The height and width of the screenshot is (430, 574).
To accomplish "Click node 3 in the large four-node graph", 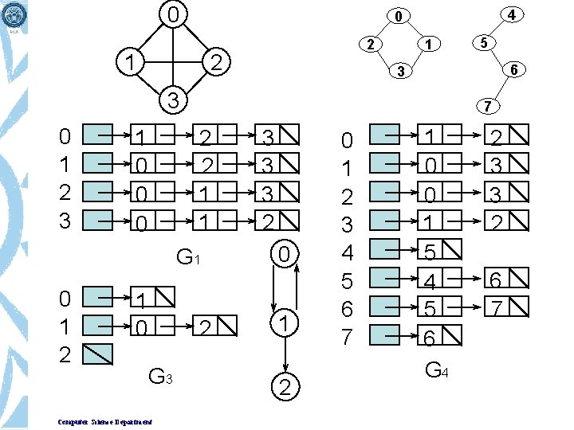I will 172,101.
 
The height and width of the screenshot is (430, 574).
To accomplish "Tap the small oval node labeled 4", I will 510,14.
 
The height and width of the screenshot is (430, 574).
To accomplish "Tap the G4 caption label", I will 436,370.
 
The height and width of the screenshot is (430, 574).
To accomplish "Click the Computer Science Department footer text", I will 105,421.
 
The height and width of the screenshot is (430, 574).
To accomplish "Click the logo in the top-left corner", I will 14,14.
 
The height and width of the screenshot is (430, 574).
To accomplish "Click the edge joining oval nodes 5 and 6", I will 499,56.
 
